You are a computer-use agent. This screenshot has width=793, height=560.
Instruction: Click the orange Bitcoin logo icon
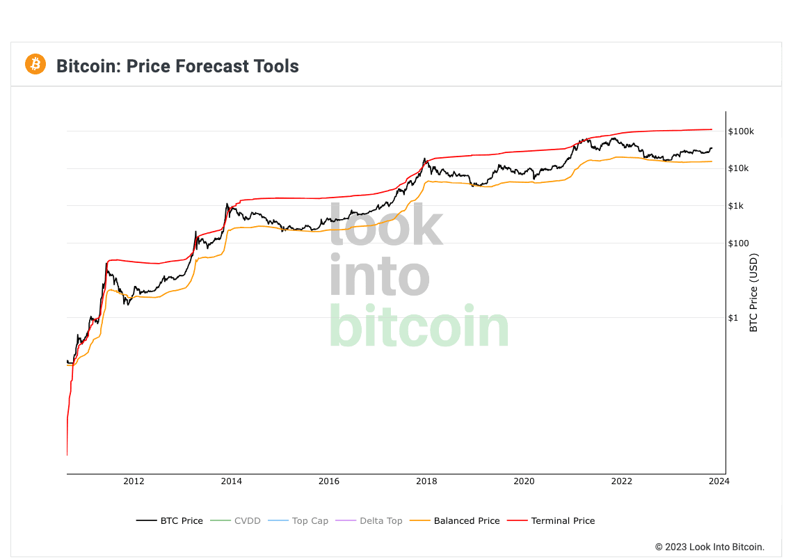coord(35,65)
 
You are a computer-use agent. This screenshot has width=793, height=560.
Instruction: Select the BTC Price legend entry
coord(170,520)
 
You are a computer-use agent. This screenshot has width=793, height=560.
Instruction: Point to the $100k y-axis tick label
coord(742,131)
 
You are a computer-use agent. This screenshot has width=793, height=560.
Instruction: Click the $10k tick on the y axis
coord(739,169)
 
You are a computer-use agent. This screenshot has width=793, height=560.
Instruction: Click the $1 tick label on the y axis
coord(733,318)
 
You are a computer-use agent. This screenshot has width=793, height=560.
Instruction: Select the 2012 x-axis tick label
coord(134,481)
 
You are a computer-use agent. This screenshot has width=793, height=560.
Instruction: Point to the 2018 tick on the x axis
coord(426,481)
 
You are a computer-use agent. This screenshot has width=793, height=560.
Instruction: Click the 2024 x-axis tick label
coord(719,481)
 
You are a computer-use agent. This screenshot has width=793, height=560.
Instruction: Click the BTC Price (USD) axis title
coord(753,292)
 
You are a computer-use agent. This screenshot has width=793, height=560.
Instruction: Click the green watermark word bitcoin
coord(419,326)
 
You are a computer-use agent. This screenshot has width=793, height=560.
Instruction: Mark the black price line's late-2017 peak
coord(424,159)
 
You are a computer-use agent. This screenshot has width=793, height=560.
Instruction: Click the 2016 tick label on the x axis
coord(329,481)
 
